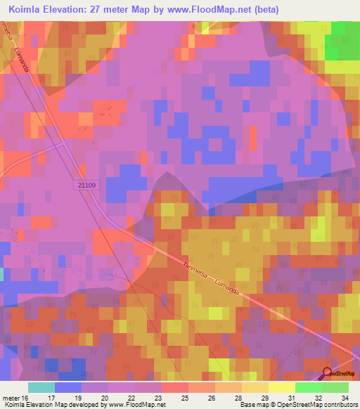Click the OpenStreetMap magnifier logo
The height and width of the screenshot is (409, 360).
point(328,372)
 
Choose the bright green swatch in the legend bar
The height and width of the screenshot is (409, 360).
point(308,387)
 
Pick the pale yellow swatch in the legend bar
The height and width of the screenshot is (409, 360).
point(281,387)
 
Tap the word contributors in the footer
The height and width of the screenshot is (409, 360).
point(340,405)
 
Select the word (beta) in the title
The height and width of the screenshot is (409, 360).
point(267,10)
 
